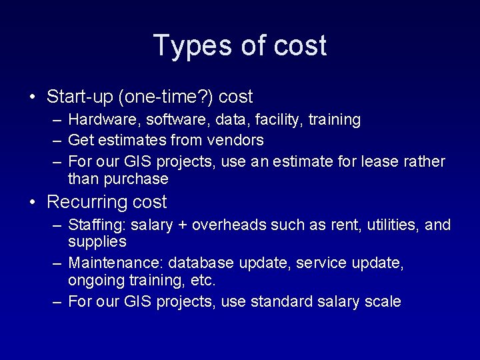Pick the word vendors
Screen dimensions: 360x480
click(x=237, y=141)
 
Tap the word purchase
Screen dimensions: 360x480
click(x=135, y=179)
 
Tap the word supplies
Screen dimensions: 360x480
click(x=97, y=241)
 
